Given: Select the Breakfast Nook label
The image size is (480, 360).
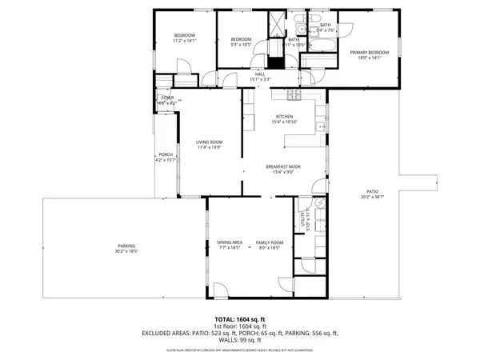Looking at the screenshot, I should (286, 167).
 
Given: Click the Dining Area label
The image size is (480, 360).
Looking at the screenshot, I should (230, 242).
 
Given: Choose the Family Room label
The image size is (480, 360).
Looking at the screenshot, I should (269, 242).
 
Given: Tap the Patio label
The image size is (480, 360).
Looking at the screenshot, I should (372, 191).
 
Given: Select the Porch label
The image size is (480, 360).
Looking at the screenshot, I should (166, 154).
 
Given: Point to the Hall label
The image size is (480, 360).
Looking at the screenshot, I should (260, 74).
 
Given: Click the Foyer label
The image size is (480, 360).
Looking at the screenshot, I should (166, 98).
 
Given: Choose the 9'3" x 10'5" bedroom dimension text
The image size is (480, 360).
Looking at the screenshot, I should (241, 45).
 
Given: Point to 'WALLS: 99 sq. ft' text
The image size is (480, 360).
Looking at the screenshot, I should (240, 339).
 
